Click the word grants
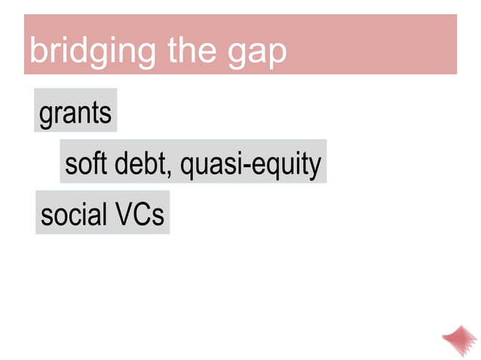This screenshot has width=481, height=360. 75,114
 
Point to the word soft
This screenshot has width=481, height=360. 87,163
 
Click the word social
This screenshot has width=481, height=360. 74,215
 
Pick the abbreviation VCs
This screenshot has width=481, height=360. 139,215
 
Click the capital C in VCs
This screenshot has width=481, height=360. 142,215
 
